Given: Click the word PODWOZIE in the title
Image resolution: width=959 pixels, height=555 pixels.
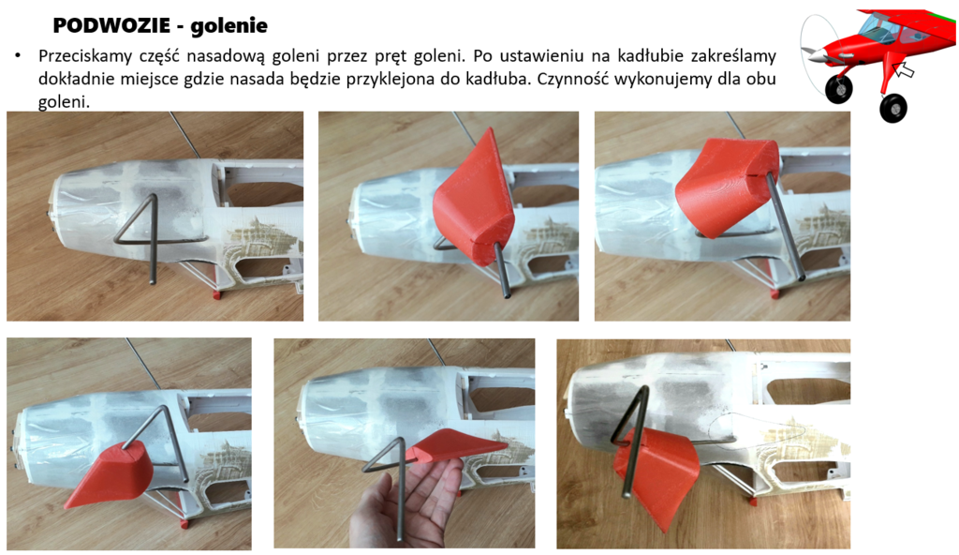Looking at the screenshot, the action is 111,25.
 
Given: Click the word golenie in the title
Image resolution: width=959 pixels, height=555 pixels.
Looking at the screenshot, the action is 229,25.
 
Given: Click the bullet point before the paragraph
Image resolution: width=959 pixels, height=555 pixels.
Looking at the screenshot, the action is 19,56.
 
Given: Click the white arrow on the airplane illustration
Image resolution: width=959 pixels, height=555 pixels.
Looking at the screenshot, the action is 903,68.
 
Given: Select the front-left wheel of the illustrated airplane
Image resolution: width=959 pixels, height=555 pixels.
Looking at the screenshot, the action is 838,89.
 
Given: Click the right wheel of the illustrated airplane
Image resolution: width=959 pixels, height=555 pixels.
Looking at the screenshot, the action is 893,108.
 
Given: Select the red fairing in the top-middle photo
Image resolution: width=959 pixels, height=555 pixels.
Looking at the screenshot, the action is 473,199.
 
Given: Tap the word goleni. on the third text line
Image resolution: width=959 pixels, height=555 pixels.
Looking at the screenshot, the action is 64,101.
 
